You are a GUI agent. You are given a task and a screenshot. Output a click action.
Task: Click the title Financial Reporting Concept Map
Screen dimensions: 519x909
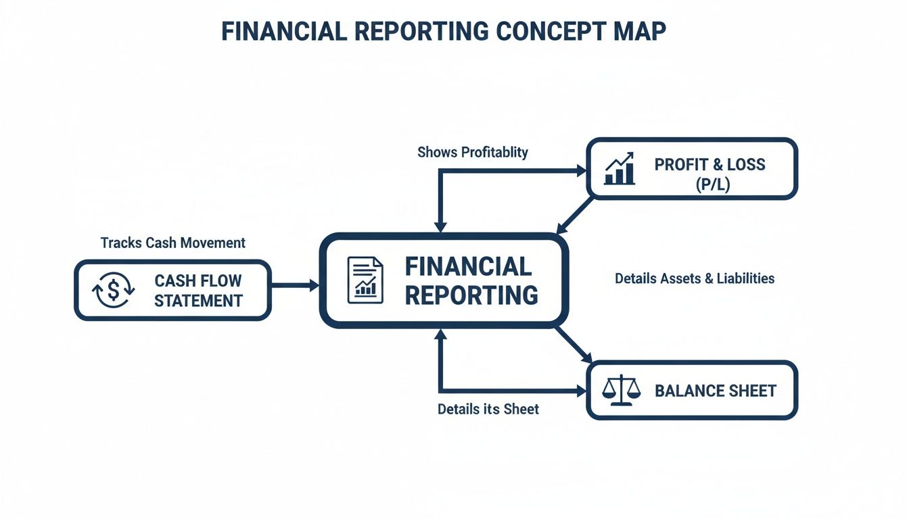coord(444,32)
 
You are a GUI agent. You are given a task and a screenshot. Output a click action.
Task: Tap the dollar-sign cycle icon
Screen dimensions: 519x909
coord(113,291)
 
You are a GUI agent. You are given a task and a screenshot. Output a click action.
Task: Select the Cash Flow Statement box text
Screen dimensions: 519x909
coord(197,291)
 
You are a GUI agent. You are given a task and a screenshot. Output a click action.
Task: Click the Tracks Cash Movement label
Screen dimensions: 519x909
coord(173,243)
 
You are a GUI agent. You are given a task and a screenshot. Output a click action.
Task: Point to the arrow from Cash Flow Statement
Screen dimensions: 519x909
coord(295,285)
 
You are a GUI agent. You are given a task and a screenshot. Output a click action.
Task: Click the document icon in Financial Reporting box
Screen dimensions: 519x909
coord(365,280)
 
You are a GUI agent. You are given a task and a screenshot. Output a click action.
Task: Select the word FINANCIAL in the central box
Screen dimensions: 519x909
coord(468,266)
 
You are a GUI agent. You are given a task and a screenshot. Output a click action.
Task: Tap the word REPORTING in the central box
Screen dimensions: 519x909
coord(471,295)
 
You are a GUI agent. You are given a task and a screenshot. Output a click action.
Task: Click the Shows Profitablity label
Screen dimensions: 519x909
coord(473,152)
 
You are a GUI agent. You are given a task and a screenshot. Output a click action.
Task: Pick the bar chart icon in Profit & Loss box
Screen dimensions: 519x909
coord(620,168)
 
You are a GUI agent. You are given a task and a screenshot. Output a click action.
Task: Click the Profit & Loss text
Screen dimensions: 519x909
coord(709,164)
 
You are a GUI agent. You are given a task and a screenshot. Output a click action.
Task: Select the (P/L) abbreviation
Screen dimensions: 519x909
coord(712,184)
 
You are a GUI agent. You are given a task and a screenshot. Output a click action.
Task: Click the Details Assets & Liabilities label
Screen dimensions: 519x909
coord(695,278)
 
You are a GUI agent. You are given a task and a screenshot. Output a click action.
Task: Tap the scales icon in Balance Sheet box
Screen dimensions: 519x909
coord(620,391)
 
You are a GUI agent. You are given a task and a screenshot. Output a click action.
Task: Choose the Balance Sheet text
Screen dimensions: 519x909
coord(715,391)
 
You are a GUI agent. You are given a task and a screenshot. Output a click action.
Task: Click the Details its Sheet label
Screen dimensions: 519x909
coord(488,409)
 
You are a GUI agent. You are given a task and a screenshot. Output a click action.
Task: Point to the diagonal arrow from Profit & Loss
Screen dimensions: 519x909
coord(574,215)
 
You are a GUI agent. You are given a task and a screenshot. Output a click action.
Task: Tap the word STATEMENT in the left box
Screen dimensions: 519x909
coord(198,301)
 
